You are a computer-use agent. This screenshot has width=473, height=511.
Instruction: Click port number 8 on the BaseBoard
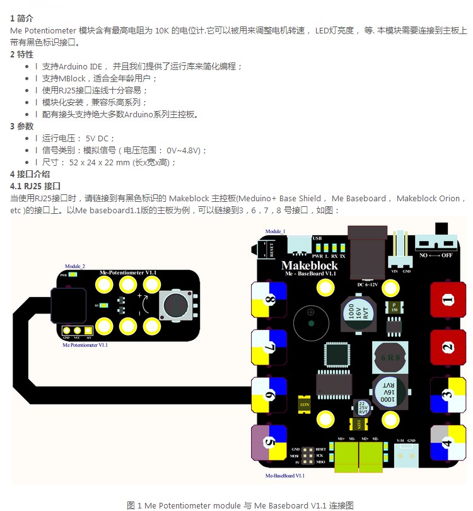269,300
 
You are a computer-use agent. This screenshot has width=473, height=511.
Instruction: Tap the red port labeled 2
447,348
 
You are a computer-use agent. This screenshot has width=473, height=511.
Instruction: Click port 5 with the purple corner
269,442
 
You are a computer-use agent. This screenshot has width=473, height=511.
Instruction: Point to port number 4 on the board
447,442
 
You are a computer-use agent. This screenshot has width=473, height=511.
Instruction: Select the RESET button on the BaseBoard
272,248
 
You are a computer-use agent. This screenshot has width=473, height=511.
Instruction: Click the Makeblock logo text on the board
309,265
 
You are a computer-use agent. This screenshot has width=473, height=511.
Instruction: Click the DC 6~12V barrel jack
368,252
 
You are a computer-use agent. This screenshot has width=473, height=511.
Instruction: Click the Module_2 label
75,267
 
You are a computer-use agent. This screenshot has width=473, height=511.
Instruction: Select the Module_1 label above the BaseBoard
275,232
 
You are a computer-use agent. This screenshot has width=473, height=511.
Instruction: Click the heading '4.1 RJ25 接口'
35,186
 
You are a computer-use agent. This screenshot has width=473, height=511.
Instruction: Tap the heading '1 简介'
22,19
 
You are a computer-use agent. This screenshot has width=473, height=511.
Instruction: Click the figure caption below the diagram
240,505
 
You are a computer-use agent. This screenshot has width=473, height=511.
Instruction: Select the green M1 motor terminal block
346,452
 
